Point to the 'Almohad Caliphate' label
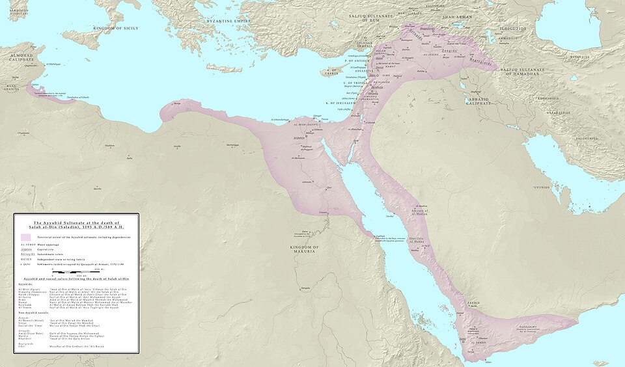point(20,59)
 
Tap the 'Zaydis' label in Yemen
point(473,303)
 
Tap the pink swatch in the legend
point(26,238)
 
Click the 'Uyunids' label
point(542,187)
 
